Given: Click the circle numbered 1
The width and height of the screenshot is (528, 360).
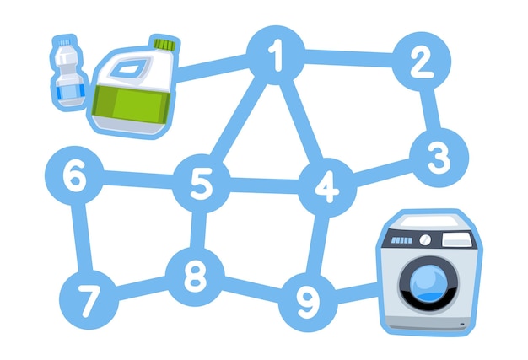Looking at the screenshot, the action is [x=276, y=55].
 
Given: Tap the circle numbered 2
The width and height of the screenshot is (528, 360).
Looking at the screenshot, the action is [x=422, y=62].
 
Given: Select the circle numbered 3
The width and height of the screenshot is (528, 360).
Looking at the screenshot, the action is [x=439, y=158].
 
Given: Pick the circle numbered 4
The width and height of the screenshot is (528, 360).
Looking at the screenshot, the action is [x=327, y=188].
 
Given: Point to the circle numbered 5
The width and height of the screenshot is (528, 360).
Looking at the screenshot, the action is [x=202, y=183].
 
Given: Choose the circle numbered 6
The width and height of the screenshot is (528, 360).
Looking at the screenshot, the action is [x=74, y=175].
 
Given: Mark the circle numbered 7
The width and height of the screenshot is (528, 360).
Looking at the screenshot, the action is [x=89, y=300].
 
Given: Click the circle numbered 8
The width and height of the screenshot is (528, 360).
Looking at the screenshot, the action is [x=196, y=277].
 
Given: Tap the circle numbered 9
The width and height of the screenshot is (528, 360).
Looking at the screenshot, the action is [x=308, y=302].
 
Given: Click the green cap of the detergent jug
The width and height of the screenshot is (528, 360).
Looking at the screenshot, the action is [x=165, y=45].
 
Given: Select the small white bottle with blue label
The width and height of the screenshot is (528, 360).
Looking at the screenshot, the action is [x=70, y=73].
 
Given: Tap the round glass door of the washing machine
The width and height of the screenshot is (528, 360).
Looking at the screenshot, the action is [x=428, y=283].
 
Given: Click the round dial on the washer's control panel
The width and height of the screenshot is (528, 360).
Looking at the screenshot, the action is [x=425, y=240].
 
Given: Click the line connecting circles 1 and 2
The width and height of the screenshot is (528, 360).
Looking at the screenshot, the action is [x=349, y=58].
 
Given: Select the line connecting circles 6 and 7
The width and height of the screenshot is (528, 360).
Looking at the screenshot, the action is [x=82, y=238].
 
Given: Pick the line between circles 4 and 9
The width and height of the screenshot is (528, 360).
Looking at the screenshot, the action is [x=317, y=245].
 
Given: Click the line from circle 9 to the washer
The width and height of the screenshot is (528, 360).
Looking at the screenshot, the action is [x=357, y=293].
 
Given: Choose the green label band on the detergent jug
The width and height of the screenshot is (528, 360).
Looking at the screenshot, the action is [x=132, y=104].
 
